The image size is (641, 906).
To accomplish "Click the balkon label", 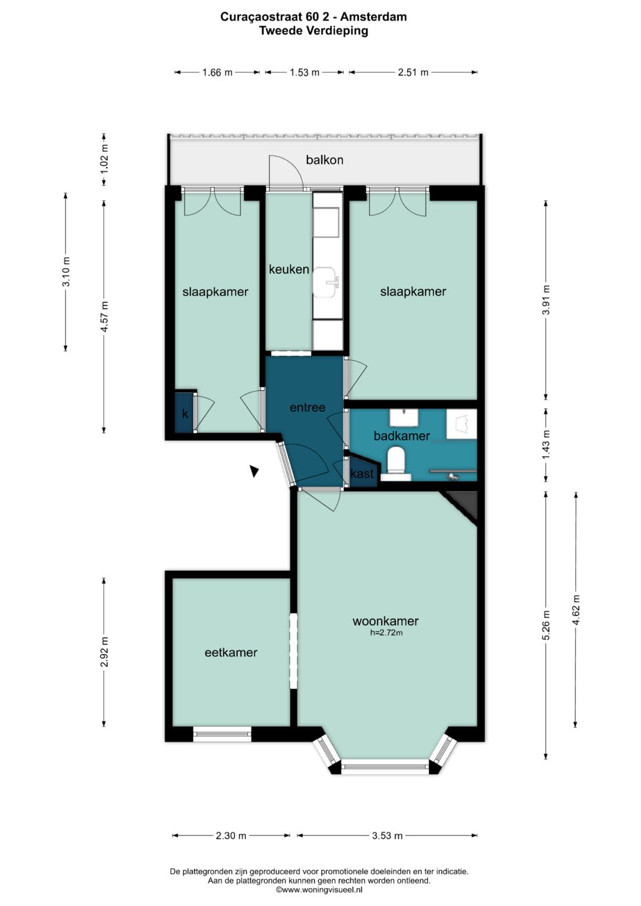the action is pyautogui.click(x=325, y=160).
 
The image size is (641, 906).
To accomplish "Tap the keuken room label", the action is pyautogui.click(x=289, y=269).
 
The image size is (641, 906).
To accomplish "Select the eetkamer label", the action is pyautogui.click(x=231, y=653).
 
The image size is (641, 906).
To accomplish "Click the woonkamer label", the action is pyautogui.click(x=386, y=621).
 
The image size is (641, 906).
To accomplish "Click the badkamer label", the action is pyautogui.click(x=401, y=436).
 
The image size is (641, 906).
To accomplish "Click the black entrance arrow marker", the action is pyautogui.click(x=254, y=471).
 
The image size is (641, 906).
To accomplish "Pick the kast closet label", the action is pyautogui.click(x=362, y=473).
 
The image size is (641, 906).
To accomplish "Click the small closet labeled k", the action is pyautogui.click(x=185, y=412).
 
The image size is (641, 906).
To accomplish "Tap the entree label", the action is pyautogui.click(x=307, y=407).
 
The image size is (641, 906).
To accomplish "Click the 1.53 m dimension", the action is pyautogui.click(x=304, y=72).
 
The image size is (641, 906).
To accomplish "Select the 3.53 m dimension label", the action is pyautogui.click(x=387, y=835).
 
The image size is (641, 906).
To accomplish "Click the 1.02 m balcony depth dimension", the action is pyautogui.click(x=104, y=160).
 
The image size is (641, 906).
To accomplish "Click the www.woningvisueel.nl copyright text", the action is pyautogui.click(x=319, y=889).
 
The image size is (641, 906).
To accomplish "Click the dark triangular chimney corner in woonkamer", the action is pyautogui.click(x=466, y=504).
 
